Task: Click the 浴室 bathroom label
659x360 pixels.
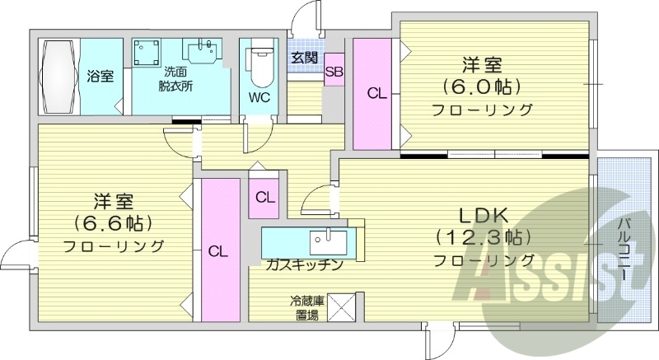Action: coord(100,76)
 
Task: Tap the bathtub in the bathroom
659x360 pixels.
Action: coord(58,77)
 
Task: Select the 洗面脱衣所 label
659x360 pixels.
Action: coord(175,77)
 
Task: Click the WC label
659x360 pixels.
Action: coord(260,96)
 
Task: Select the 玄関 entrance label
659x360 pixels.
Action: coord(304,58)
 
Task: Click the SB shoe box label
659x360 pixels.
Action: coord(334,72)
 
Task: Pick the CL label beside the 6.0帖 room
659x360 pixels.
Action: coord(376,94)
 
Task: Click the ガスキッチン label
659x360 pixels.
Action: coord(304,265)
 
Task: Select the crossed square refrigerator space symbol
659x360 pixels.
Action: coord(340,307)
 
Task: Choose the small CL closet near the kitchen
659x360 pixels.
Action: coord(264,198)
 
